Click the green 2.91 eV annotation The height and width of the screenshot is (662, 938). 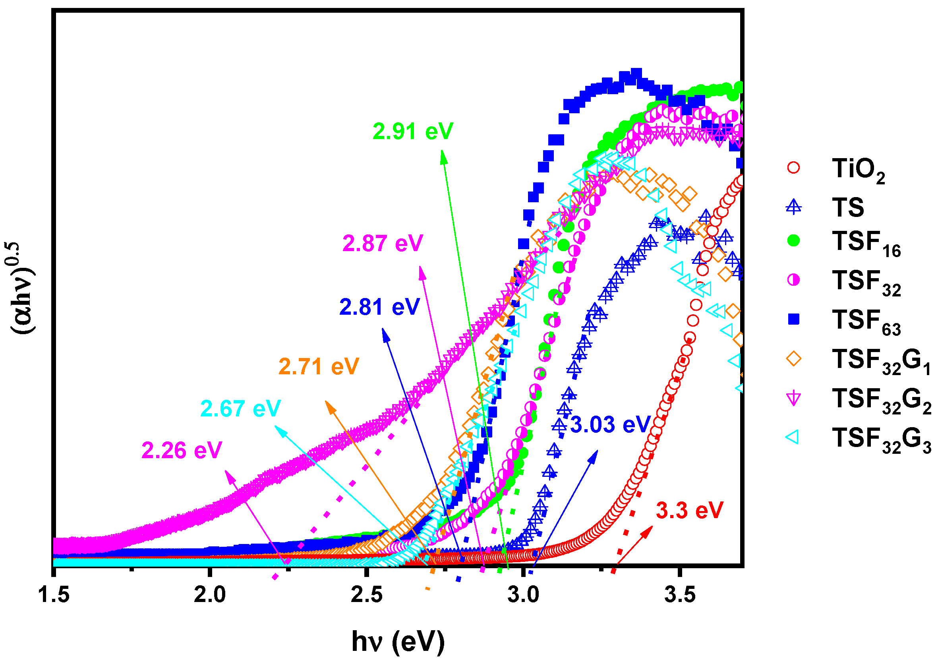coord(413,132)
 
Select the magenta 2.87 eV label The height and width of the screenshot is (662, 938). coord(382,244)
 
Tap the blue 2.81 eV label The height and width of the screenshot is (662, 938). coord(379,307)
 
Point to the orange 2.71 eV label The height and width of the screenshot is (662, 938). coord(319,366)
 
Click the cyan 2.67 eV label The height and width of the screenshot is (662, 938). coord(241,408)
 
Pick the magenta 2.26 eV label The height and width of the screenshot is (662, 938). coord(182,451)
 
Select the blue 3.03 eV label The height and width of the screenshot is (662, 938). coord(610,425)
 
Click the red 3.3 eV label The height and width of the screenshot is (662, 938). coord(690,511)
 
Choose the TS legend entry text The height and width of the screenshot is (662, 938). coord(848,207)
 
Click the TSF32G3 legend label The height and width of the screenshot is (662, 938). coord(880,440)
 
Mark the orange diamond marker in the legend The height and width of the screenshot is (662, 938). coord(793,359)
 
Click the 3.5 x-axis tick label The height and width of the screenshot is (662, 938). coord(680,594)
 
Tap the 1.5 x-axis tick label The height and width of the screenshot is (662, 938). coord(54,594)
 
